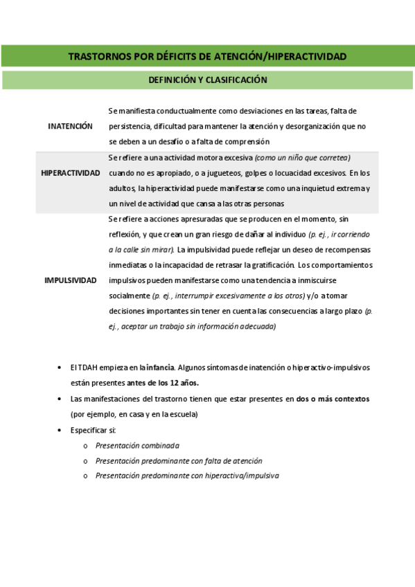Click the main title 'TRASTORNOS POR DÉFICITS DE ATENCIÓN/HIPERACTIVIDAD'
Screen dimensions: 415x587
[207, 56]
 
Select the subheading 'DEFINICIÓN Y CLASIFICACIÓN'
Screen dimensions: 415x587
[207, 80]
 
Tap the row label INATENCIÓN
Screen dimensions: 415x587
[70, 126]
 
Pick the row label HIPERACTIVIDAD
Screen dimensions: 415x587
[71, 172]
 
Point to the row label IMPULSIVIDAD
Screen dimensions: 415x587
[71, 280]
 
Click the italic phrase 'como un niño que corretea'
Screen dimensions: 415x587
[303, 157]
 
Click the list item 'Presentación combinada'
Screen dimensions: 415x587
[137, 446]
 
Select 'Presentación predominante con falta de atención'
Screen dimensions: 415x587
[179, 460]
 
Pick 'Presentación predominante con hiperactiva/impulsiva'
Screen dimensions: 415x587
[187, 476]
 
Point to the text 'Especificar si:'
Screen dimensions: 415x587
[94, 430]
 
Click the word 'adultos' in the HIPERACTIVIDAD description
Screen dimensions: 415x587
[122, 188]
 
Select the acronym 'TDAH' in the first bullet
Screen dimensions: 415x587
[86, 367]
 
